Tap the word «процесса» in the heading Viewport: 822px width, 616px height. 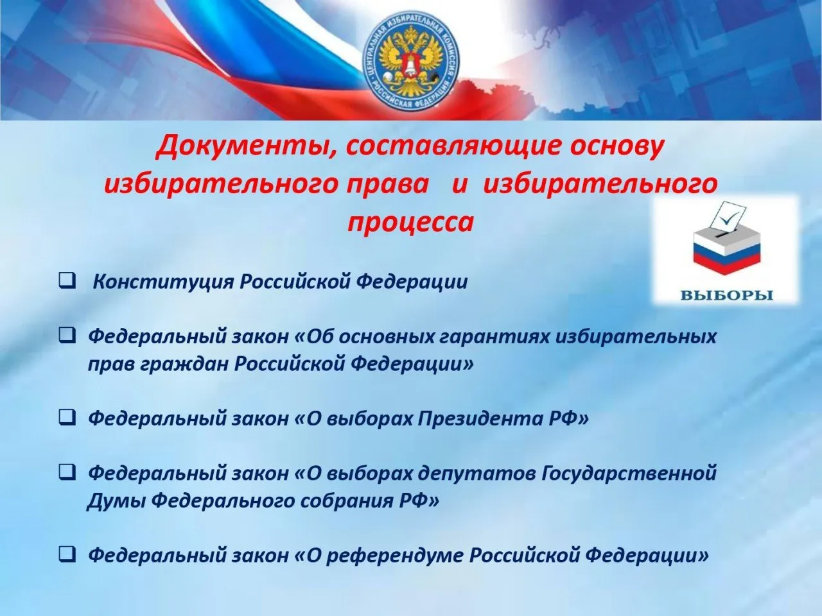click(x=411, y=222)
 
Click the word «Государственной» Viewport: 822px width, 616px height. click(x=629, y=474)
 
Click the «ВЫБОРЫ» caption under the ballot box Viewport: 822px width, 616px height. click(x=726, y=296)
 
